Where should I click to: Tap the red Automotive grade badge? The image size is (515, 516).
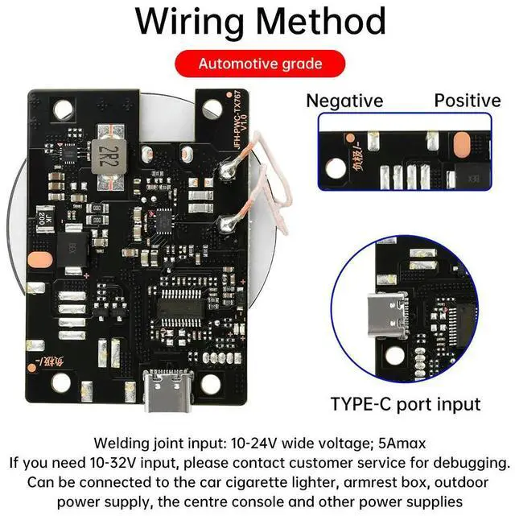pos(259,64)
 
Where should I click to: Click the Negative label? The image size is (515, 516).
pos(344,101)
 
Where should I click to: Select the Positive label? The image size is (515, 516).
pos(468,101)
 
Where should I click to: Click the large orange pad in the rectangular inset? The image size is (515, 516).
pos(462,146)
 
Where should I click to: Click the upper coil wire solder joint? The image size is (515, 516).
pos(224,169)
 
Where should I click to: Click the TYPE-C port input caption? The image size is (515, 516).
pos(406,403)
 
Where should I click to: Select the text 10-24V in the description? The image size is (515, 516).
pos(255,443)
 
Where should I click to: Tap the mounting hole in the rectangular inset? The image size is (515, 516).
pos(334,168)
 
